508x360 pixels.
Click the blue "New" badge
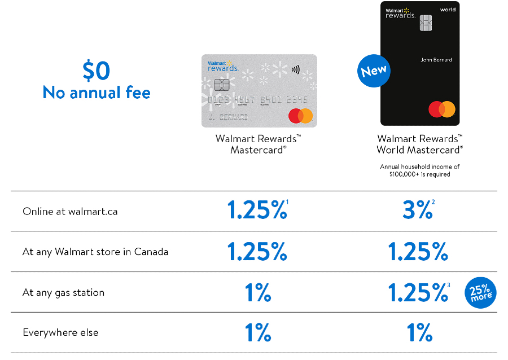(x=374, y=71)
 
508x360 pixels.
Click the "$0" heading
(x=96, y=71)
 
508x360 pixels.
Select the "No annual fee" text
(x=97, y=92)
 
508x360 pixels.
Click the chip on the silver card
(x=221, y=85)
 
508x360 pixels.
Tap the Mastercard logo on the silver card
(x=300, y=116)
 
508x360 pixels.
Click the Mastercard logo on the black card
(x=441, y=109)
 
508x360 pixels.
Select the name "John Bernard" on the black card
(x=436, y=60)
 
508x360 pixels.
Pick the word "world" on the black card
(x=447, y=10)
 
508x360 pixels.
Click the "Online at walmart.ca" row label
(x=70, y=212)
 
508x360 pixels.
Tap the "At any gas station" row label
(x=63, y=292)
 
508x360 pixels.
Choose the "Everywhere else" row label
(x=60, y=332)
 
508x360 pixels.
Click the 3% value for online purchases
(x=417, y=211)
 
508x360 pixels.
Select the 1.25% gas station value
(x=418, y=292)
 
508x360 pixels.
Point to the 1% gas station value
(x=257, y=292)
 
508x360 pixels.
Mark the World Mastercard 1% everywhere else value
(x=419, y=332)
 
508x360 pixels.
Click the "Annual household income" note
(x=419, y=170)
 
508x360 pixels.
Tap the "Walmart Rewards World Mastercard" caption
(x=419, y=144)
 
